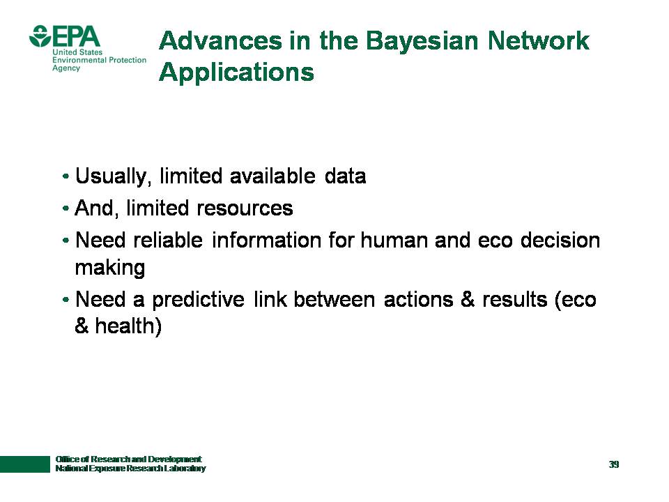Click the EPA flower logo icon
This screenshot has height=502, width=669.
coord(40,36)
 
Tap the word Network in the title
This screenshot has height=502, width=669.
coord(539,40)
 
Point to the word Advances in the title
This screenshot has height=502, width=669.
coord(221,40)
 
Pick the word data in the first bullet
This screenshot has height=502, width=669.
coord(345,176)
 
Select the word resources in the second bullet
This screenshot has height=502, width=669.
coord(245,208)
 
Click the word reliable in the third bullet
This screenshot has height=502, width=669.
coord(168,240)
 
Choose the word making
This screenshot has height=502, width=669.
coord(110,268)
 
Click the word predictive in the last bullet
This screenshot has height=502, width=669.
coord(198,300)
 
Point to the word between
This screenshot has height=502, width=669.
coord(334,299)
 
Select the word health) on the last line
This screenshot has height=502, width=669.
coord(128,326)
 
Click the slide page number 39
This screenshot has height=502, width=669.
coord(614,464)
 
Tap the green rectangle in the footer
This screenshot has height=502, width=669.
coord(25,464)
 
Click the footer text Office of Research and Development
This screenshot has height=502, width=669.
coord(128,459)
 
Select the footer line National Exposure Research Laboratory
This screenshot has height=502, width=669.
coord(130,469)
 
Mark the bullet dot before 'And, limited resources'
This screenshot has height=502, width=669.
coord(66,208)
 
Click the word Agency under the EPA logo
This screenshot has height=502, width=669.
coord(66,68)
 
